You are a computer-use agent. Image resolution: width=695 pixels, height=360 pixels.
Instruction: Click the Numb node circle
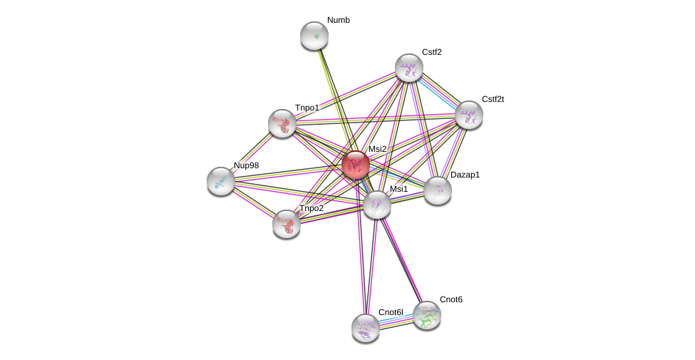coord(314,36)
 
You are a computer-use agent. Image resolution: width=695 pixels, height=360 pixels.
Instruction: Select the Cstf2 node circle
coord(409,68)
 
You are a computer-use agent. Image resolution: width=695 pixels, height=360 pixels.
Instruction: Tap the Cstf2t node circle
coord(469,115)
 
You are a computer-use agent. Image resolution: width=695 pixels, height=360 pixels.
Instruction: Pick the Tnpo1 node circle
coord(282,123)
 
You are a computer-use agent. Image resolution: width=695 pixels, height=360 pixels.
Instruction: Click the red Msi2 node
coord(355,165)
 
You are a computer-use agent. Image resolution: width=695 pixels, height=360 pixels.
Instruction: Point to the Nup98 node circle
coord(221,181)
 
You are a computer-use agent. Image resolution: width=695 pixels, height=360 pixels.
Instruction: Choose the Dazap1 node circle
coord(438,190)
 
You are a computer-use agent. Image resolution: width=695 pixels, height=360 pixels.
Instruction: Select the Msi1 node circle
coord(377,205)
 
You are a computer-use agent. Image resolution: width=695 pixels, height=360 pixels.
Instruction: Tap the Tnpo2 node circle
coord(287,224)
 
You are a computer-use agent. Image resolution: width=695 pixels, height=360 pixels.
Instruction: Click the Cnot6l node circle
coord(366,328)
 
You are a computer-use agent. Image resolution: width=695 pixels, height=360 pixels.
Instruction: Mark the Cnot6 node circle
coord(427,315)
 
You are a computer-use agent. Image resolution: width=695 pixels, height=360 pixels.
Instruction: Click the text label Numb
coord(339,20)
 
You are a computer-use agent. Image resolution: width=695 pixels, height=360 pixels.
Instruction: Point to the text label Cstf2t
coord(493,99)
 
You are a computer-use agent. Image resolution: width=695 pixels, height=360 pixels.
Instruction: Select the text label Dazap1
coord(465,174)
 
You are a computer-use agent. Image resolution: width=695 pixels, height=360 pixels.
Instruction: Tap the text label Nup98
coord(249,165)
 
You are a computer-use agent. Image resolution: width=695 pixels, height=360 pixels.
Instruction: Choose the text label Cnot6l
coord(391,312)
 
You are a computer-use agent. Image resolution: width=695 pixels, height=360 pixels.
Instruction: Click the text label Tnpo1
coord(308,108)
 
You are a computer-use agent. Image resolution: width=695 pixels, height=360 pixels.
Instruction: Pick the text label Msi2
coord(377,149)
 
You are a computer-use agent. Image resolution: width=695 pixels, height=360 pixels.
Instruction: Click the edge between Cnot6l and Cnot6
coord(396,322)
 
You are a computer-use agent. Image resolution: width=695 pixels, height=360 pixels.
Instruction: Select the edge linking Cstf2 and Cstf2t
coord(439,91)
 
